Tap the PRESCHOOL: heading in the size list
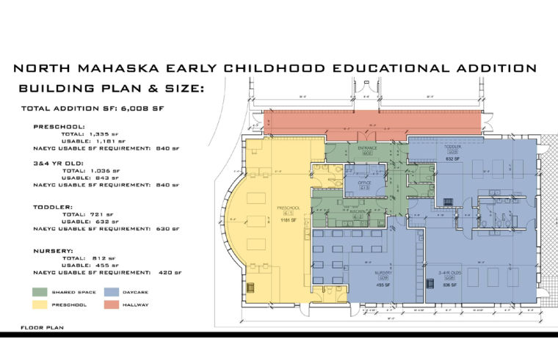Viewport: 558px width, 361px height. click(x=59, y=126)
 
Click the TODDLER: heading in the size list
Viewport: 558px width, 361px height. click(x=54, y=207)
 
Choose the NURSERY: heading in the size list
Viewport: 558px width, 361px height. click(x=54, y=251)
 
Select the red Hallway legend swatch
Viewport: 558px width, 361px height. click(x=111, y=304)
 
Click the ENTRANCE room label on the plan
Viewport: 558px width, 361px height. click(x=367, y=147)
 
